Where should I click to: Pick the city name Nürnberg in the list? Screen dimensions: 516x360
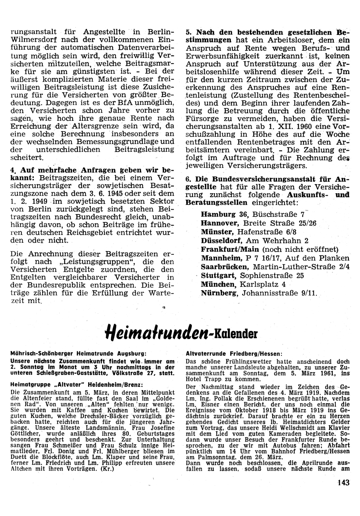219,293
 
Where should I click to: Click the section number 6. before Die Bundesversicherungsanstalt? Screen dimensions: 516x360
188,179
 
